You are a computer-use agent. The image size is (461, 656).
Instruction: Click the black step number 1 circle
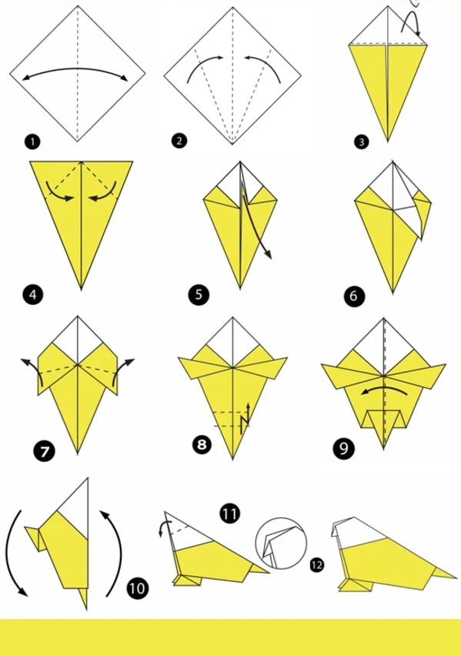(x=32, y=142)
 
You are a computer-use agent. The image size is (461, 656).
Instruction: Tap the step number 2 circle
(x=179, y=141)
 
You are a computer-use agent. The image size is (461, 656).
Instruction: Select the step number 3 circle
(x=362, y=142)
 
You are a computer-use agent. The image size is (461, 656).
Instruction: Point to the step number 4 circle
(x=32, y=295)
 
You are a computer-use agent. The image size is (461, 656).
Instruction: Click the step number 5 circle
(x=199, y=295)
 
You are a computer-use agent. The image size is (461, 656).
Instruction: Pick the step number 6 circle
(x=354, y=296)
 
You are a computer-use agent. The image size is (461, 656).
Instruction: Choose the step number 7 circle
(x=45, y=451)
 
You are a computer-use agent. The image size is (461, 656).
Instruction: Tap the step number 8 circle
(x=202, y=444)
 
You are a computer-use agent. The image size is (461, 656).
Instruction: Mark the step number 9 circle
(x=343, y=448)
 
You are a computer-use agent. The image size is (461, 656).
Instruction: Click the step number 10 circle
(x=137, y=588)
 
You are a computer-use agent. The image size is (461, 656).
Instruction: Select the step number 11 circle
(x=229, y=514)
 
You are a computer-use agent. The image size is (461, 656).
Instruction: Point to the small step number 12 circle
(x=316, y=565)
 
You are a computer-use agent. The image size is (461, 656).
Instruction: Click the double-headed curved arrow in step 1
(x=75, y=69)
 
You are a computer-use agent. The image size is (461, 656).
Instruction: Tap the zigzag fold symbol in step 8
(x=246, y=419)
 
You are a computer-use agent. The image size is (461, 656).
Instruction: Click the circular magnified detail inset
(x=281, y=544)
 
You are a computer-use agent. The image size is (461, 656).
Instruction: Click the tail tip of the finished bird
(x=456, y=577)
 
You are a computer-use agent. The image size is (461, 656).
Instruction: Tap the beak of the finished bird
(x=336, y=529)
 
